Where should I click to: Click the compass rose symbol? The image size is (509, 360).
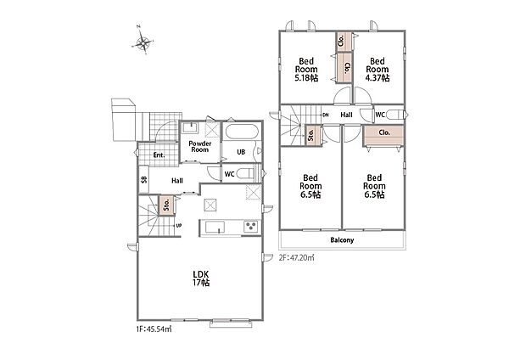point(143,42)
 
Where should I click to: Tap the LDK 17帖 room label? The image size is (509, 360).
point(201,278)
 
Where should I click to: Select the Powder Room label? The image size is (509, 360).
point(200,147)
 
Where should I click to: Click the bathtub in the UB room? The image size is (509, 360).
point(242,132)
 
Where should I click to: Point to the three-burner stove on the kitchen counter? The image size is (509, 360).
point(251,226)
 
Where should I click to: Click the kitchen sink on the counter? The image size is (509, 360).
point(214,227)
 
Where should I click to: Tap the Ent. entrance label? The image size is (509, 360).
point(159,155)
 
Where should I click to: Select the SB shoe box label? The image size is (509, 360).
point(144,179)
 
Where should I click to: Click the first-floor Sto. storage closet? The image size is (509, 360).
point(166,205)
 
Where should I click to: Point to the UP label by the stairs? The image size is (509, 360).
point(178,226)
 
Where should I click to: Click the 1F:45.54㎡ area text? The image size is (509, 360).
point(154,329)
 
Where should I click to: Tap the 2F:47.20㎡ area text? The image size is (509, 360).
point(297,258)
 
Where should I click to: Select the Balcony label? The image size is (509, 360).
point(342,240)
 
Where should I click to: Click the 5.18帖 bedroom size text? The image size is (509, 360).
point(306,78)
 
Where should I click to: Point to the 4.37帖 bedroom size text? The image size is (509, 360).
point(378,78)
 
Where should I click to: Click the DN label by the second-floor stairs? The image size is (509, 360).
point(326,115)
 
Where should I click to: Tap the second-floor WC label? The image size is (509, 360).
point(380,115)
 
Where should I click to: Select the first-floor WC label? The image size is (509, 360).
point(229,174)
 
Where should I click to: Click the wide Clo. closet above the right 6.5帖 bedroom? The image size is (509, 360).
point(383,136)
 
